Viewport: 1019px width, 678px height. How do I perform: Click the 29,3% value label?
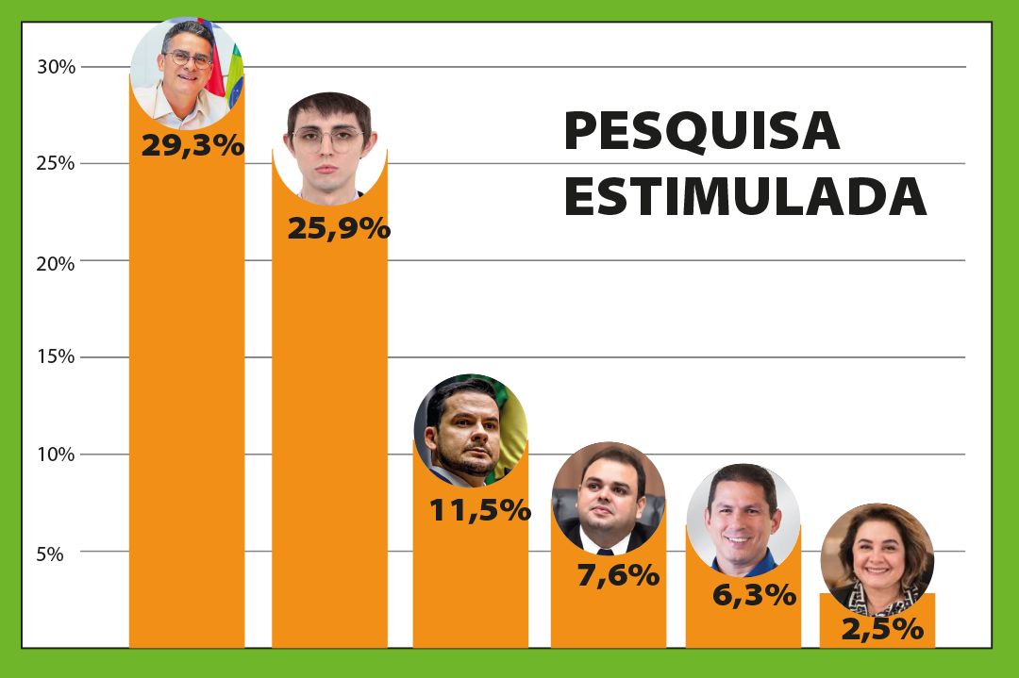[192, 146]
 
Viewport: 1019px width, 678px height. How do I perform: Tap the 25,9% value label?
[338, 227]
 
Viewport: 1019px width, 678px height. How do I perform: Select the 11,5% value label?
[479, 510]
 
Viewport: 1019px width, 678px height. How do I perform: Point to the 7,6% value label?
[617, 574]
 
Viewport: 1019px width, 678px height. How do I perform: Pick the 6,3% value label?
[753, 595]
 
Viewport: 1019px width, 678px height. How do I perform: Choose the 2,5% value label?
[881, 629]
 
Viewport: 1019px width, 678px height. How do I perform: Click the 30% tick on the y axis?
[56, 67]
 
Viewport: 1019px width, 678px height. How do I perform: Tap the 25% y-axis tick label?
[56, 163]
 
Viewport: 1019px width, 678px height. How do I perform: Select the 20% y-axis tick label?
[56, 263]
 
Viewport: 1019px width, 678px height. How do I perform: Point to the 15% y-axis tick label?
[56, 357]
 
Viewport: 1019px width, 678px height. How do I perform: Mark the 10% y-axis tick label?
[56, 455]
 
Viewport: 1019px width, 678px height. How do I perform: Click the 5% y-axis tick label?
[50, 554]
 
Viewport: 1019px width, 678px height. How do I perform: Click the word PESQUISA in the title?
[701, 131]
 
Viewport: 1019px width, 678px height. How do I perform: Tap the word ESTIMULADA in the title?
[744, 197]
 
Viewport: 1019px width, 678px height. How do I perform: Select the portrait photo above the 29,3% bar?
[187, 74]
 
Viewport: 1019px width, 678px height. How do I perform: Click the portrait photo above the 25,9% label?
[329, 146]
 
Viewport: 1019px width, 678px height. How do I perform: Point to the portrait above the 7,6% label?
[608, 498]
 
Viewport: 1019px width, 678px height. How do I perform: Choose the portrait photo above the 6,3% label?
[743, 520]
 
